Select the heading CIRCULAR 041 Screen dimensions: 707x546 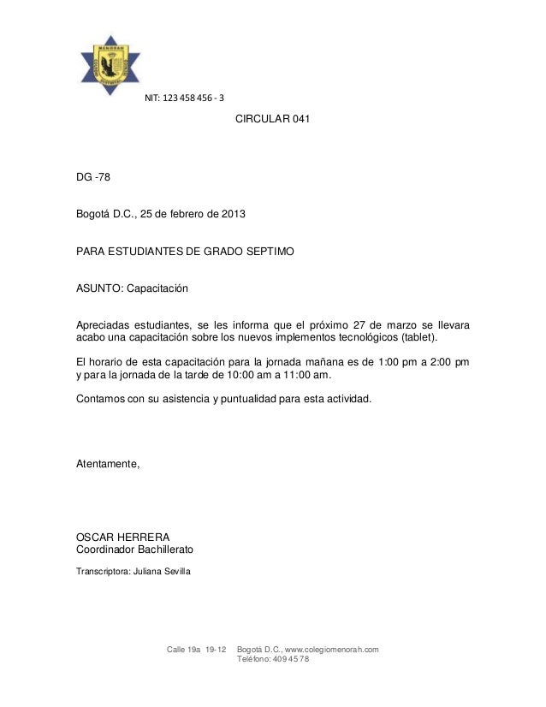[x=272, y=122]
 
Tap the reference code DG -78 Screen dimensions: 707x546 [x=93, y=178]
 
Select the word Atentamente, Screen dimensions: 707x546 [x=107, y=464]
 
